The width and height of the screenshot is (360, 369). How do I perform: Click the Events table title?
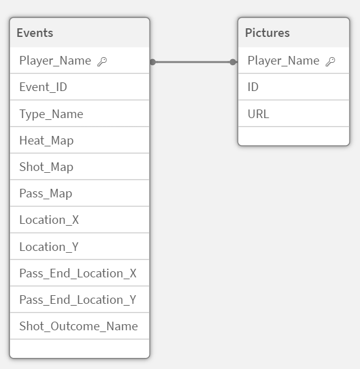pos(35,33)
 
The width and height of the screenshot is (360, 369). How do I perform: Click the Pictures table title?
pos(267,33)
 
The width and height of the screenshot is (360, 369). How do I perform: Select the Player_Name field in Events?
pos(55,61)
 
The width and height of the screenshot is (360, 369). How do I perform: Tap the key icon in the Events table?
pos(102,61)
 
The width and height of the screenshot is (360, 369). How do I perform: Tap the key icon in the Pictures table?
pos(330,61)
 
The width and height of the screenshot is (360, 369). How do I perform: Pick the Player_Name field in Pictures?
pos(284,61)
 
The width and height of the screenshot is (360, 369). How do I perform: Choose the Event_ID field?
pos(43,87)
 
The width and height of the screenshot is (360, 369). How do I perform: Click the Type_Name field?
pos(51,114)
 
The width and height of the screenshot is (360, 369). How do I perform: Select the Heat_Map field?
pos(46,140)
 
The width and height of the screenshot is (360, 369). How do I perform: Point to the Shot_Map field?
pos(46,167)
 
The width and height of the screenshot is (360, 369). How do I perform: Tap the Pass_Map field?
pos(46,194)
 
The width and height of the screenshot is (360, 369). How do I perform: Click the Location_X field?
pos(49,220)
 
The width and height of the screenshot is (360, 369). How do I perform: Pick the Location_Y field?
pos(49,247)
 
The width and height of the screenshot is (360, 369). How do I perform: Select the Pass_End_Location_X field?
pos(78,273)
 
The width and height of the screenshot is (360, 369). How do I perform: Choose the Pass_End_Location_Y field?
pos(78,300)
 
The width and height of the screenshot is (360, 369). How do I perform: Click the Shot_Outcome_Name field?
pos(78,326)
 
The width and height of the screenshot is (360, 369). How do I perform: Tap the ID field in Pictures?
pos(253,87)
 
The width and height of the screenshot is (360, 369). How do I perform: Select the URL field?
pos(258,114)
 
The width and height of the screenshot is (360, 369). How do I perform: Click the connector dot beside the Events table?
pos(153,62)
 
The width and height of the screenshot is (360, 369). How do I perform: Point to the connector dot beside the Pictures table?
pos(233,62)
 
